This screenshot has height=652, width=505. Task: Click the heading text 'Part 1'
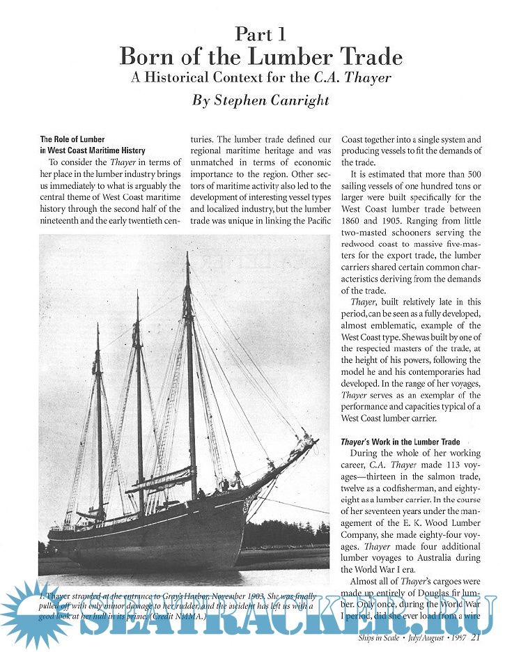point(260,33)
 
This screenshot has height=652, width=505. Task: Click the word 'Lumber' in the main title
point(275,56)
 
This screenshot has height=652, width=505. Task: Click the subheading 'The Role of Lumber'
point(72,139)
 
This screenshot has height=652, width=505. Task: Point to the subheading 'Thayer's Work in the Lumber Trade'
point(401,442)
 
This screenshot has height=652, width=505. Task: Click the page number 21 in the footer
point(476,637)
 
